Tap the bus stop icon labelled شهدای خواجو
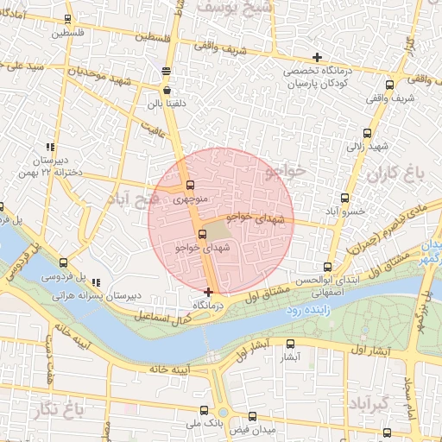(203, 233)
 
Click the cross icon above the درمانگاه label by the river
(208, 292)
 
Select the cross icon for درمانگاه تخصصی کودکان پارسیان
(317, 57)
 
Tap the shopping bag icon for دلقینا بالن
(166, 88)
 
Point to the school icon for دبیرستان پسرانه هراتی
(96, 281)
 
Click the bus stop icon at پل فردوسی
(64, 262)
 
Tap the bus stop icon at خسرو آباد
(345, 198)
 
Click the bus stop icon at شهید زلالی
(369, 133)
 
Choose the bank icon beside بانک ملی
(189, 425)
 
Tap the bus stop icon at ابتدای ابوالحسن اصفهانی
(326, 267)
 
